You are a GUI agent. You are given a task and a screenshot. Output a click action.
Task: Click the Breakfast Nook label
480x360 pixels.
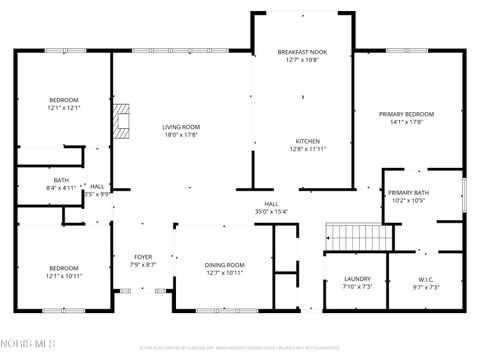[x=302, y=51]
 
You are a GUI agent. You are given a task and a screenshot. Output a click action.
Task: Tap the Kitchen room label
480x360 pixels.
[x=307, y=141]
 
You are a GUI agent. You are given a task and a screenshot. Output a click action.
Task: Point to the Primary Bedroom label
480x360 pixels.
[x=406, y=114]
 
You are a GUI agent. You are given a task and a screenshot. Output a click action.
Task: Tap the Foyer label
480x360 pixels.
[x=143, y=257]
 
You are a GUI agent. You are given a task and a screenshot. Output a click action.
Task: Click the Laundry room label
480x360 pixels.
[x=357, y=279]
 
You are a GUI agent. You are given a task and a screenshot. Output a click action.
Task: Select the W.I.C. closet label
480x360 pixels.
[x=426, y=279]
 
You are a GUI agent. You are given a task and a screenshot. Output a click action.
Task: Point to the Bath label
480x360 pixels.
[x=62, y=180]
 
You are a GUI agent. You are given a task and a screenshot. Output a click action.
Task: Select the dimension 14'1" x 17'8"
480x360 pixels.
[x=406, y=122]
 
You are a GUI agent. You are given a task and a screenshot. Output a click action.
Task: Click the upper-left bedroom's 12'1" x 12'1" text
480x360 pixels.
[x=64, y=108]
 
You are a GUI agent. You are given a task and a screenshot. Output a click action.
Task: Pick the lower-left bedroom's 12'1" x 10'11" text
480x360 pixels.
[x=64, y=276]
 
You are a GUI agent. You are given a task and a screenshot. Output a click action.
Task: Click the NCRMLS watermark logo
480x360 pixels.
[x=30, y=345]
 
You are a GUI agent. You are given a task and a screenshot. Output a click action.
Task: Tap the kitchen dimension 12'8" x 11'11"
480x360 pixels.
[x=307, y=149]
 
